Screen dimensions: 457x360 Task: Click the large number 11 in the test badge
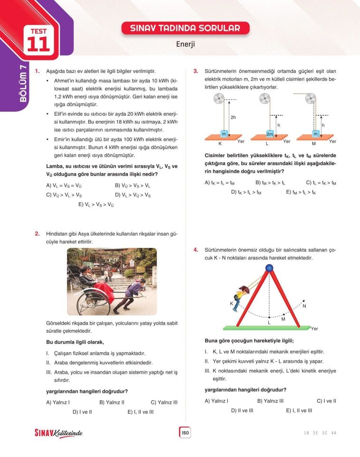pyautogui.click(x=39, y=44)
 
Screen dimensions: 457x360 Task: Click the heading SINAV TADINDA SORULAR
pyautogui.click(x=185, y=28)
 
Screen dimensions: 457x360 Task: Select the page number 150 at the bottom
pyautogui.click(x=185, y=433)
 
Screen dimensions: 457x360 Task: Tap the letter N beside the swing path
pyautogui.click(x=304, y=306)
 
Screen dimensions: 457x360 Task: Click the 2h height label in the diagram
pyautogui.click(x=233, y=117)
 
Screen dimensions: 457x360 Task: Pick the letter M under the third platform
pyautogui.click(x=314, y=143)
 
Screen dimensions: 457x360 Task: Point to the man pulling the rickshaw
pyautogui.click(x=129, y=295)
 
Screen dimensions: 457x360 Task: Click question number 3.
pyautogui.click(x=195, y=71)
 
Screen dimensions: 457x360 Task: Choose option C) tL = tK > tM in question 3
pyautogui.click(x=321, y=182)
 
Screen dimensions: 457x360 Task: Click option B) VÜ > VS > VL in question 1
pyautogui.click(x=133, y=186)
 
